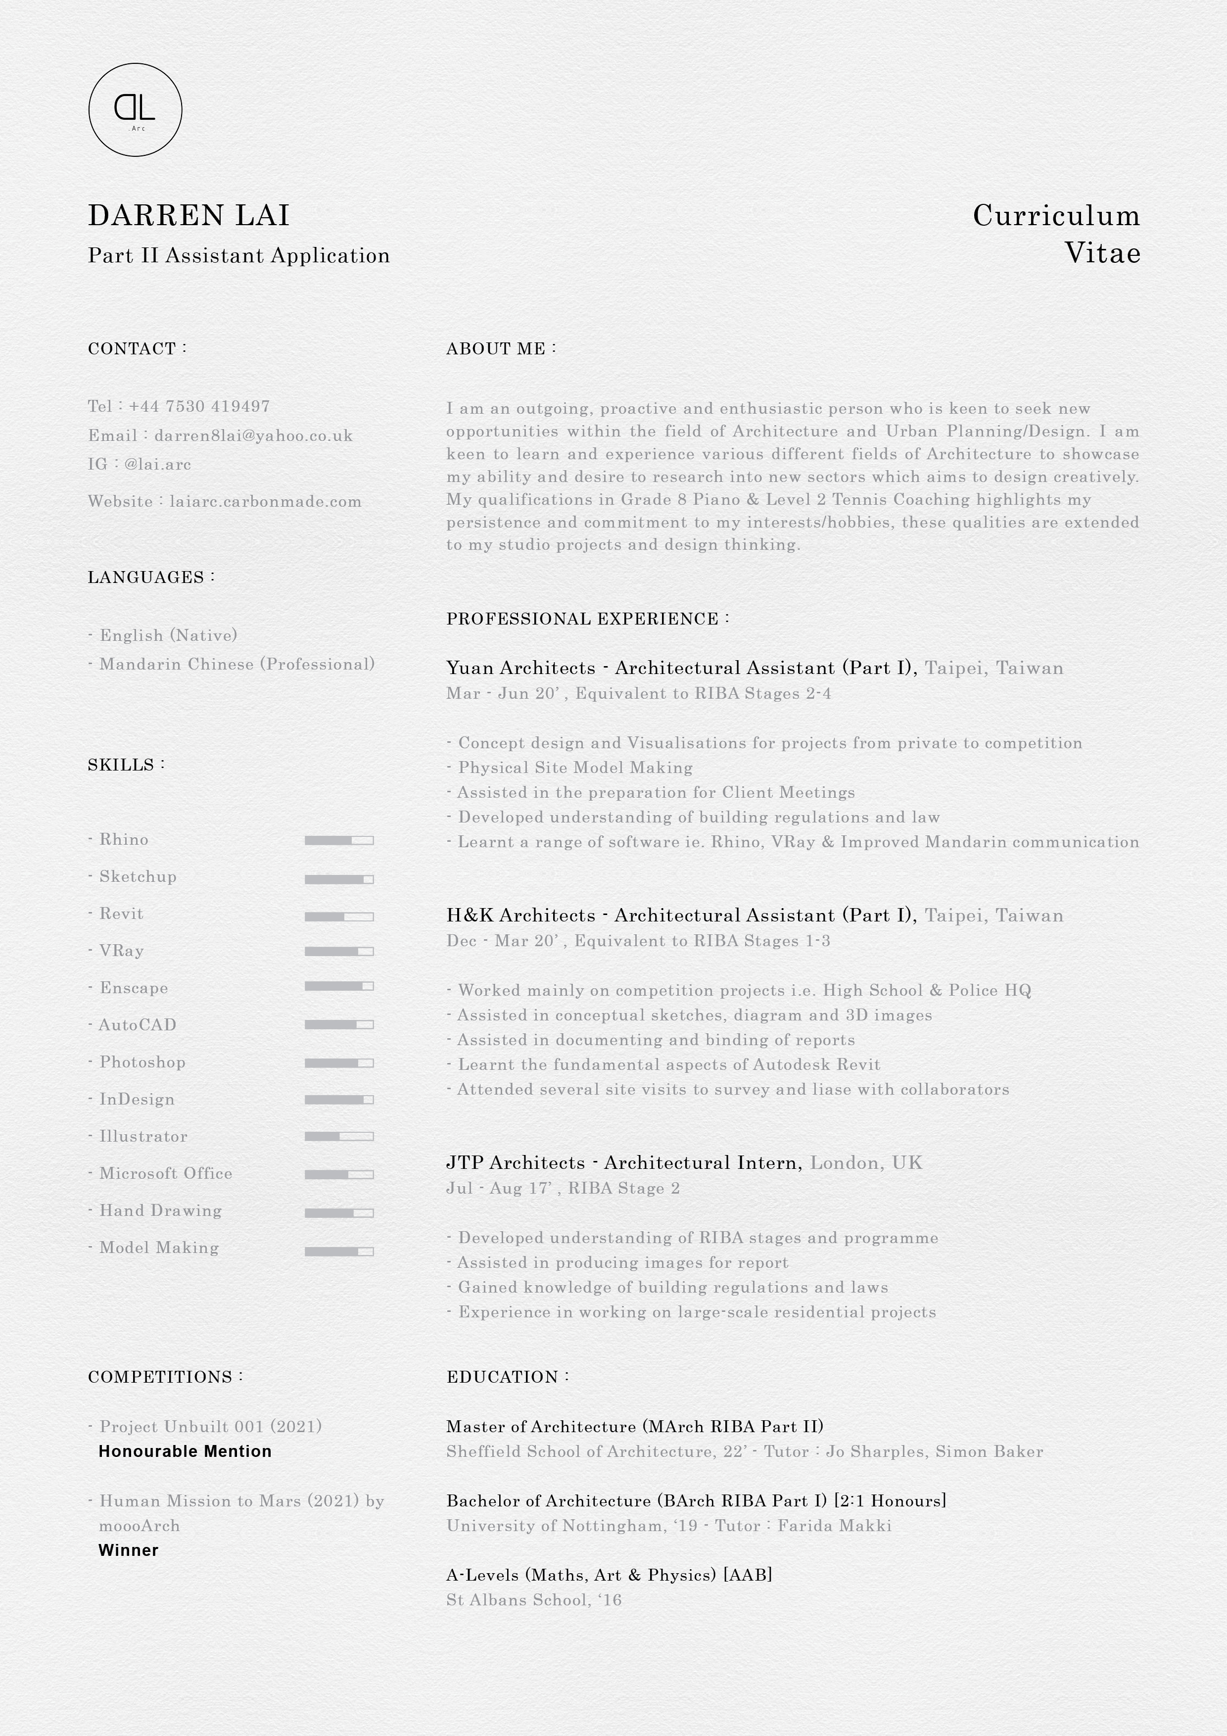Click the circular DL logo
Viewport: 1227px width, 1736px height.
tap(136, 110)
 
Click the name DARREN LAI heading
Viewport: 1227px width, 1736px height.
tap(189, 215)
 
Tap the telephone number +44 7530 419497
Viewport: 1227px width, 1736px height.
tap(199, 406)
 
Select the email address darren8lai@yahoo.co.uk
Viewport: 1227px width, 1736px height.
tap(253, 435)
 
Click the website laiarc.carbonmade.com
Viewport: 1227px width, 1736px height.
tap(265, 501)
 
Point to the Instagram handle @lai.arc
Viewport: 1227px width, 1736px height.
tap(157, 464)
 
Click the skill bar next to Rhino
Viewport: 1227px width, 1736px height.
tap(339, 840)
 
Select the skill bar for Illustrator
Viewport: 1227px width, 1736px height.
tap(339, 1136)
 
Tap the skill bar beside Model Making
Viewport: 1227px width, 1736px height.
tap(339, 1252)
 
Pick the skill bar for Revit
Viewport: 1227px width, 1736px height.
tap(339, 916)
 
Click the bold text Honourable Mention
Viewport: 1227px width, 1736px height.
tap(185, 1451)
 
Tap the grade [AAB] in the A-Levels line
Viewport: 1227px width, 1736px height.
tap(748, 1575)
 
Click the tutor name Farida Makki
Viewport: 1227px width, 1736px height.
tap(835, 1526)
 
